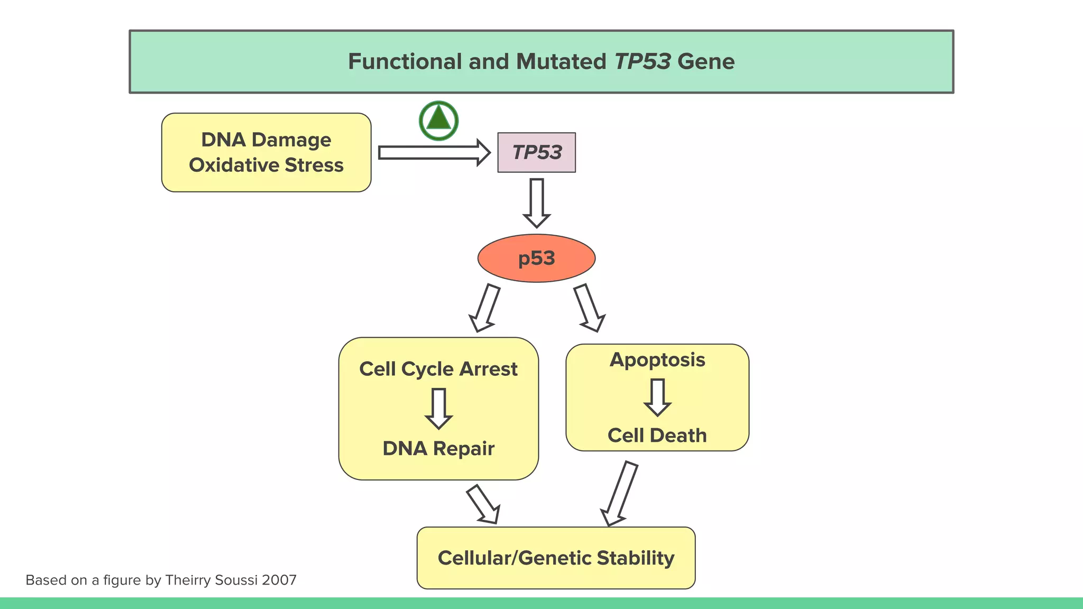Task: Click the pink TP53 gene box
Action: [x=536, y=152]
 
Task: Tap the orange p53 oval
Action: [x=536, y=258]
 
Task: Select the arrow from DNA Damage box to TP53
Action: [x=434, y=153]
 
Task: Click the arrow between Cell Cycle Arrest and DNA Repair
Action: [x=438, y=408]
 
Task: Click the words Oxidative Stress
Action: [x=266, y=165]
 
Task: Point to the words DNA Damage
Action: [x=266, y=140]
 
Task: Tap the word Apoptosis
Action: [x=657, y=359]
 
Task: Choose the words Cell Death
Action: [x=657, y=435]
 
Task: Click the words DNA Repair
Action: [x=438, y=448]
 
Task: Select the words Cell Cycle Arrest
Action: [x=438, y=369]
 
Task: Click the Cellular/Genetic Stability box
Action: [x=556, y=558]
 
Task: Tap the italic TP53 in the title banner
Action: [x=642, y=61]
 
